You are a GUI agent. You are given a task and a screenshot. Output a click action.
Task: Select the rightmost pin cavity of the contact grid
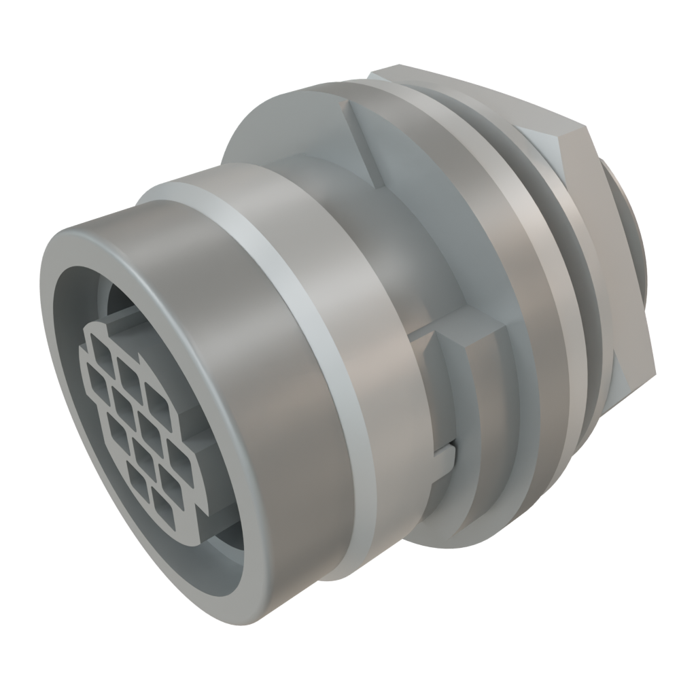pyautogui.click(x=181, y=462)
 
